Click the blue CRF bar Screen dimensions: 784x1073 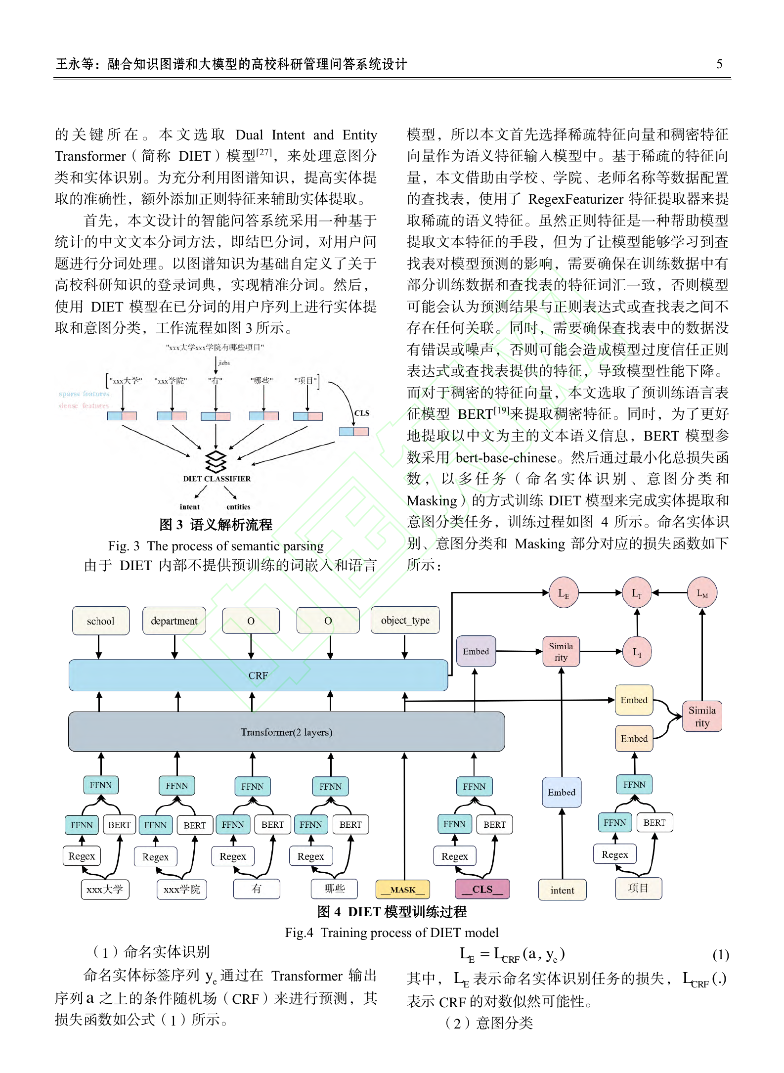pyautogui.click(x=258, y=675)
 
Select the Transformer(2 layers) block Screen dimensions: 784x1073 pyautogui.click(x=286, y=732)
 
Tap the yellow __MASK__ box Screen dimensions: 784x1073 pyautogui.click(x=403, y=890)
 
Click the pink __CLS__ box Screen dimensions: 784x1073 pyautogui.click(x=482, y=889)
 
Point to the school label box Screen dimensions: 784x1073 pyautogui.click(x=101, y=621)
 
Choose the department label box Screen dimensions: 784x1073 pyautogui.click(x=174, y=621)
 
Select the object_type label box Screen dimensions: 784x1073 pyautogui.click(x=405, y=620)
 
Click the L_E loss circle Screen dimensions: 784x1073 pyautogui.click(x=564, y=593)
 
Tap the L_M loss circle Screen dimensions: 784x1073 pyautogui.click(x=702, y=593)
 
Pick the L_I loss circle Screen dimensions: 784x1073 pyautogui.click(x=637, y=652)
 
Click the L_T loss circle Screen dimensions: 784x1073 pyautogui.click(x=637, y=593)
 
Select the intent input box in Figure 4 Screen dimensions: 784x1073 pyautogui.click(x=562, y=890)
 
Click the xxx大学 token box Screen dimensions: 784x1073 pyautogui.click(x=105, y=889)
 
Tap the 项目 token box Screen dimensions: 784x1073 pyautogui.click(x=638, y=888)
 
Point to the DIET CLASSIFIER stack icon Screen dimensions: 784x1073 pyautogui.click(x=216, y=461)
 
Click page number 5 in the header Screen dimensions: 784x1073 pyautogui.click(x=719, y=64)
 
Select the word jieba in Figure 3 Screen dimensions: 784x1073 pyautogui.click(x=224, y=363)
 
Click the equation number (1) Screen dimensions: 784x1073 pyautogui.click(x=721, y=955)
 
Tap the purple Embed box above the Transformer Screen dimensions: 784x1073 pyautogui.click(x=476, y=651)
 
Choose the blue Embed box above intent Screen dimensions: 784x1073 pyautogui.click(x=562, y=792)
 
